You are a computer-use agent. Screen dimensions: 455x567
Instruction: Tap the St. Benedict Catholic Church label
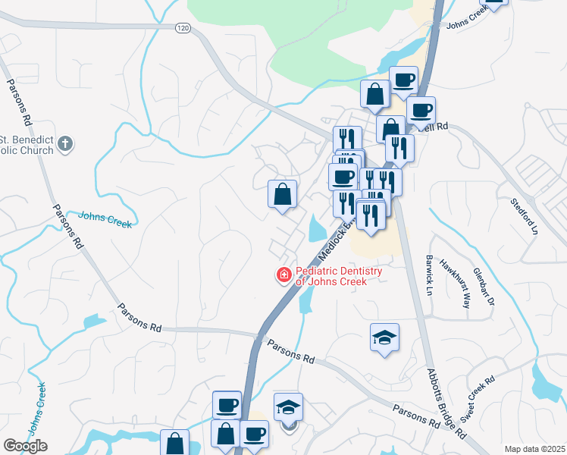27,145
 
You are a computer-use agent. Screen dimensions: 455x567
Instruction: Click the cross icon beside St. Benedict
66,143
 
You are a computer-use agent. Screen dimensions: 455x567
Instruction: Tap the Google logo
26,446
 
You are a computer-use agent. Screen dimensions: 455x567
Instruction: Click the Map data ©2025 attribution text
534,449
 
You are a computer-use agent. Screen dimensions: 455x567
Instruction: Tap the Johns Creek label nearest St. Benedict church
105,219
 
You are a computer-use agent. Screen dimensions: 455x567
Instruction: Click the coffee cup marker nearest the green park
404,79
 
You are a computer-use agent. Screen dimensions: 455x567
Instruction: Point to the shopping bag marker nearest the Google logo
174,443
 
